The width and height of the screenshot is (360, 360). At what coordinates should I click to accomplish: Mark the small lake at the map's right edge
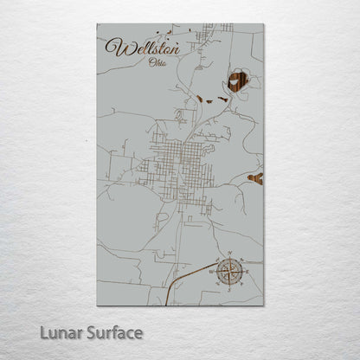click(255, 178)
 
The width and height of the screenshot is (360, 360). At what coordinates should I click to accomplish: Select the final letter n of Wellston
click(174, 48)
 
